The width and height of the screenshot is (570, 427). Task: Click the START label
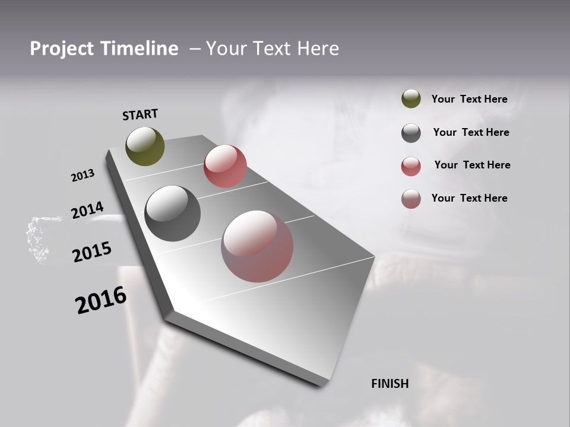pyautogui.click(x=140, y=114)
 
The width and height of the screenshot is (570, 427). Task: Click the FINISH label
pyautogui.click(x=389, y=384)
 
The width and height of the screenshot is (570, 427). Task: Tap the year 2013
pyautogui.click(x=83, y=176)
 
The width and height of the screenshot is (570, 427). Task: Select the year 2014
pyautogui.click(x=87, y=211)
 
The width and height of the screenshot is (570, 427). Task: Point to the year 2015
pyautogui.click(x=91, y=252)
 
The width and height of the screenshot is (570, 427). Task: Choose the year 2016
pyautogui.click(x=101, y=300)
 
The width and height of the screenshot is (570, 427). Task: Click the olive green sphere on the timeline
pyautogui.click(x=145, y=146)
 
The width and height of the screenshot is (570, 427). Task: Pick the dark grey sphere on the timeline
pyautogui.click(x=172, y=213)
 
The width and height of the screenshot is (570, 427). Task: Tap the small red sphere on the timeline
pyautogui.click(x=225, y=166)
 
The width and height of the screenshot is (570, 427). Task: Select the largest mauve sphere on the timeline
pyautogui.click(x=257, y=246)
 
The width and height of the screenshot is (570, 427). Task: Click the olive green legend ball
pyautogui.click(x=411, y=99)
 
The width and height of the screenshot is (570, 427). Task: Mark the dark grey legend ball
pyautogui.click(x=411, y=133)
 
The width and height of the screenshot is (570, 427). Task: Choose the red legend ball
pyautogui.click(x=411, y=166)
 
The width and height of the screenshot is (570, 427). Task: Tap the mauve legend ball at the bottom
pyautogui.click(x=411, y=199)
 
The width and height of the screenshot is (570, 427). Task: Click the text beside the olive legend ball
pyautogui.click(x=469, y=100)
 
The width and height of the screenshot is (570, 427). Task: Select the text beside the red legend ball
pyautogui.click(x=472, y=165)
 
